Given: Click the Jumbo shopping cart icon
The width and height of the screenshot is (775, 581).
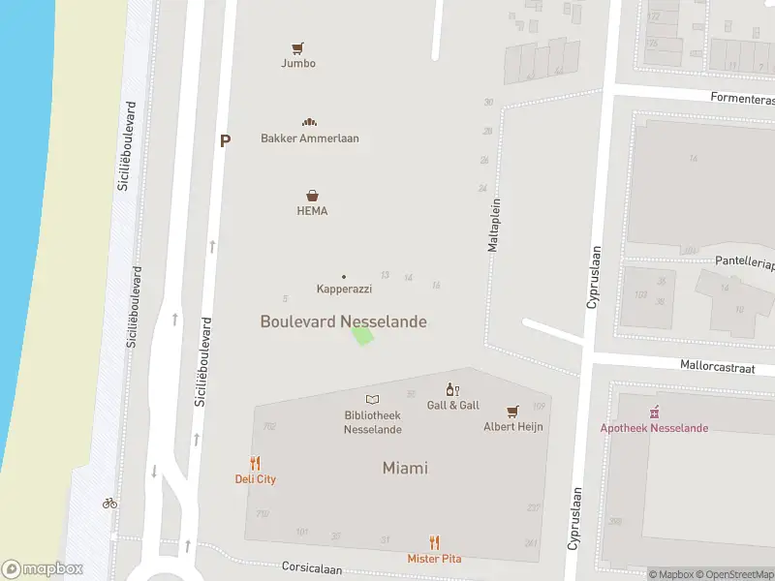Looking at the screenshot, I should click(x=298, y=47).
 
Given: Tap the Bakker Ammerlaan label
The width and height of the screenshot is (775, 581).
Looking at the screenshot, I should click(x=309, y=138).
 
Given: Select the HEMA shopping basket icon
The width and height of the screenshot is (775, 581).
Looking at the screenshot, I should click(x=312, y=196).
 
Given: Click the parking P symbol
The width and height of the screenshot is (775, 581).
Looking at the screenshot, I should click(x=226, y=140).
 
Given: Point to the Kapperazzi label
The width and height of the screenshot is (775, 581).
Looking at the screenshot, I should click(x=344, y=289).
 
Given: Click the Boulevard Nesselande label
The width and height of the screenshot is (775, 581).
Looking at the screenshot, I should click(x=343, y=321).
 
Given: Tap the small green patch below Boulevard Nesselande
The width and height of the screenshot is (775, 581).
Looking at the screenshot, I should click(x=362, y=336).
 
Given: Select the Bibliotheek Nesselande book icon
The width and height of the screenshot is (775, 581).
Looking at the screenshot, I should click(x=372, y=399).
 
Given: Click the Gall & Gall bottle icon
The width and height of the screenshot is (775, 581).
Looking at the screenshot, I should click(x=452, y=389).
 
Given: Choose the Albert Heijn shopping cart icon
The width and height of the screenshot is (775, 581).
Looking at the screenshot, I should click(x=512, y=411).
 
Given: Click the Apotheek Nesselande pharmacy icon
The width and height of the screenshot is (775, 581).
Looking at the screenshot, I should click(x=654, y=413).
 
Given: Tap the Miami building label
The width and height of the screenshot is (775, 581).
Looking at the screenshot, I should click(x=405, y=468).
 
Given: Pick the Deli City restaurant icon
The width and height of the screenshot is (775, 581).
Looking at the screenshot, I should click(x=256, y=464).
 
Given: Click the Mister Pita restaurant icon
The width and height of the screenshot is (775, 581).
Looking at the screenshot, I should click(x=434, y=543).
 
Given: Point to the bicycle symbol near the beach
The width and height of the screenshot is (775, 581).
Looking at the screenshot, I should click(x=109, y=503).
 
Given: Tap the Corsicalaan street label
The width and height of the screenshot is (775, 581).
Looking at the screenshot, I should click(x=312, y=569).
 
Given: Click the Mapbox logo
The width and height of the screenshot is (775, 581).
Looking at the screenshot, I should click(x=43, y=569).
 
